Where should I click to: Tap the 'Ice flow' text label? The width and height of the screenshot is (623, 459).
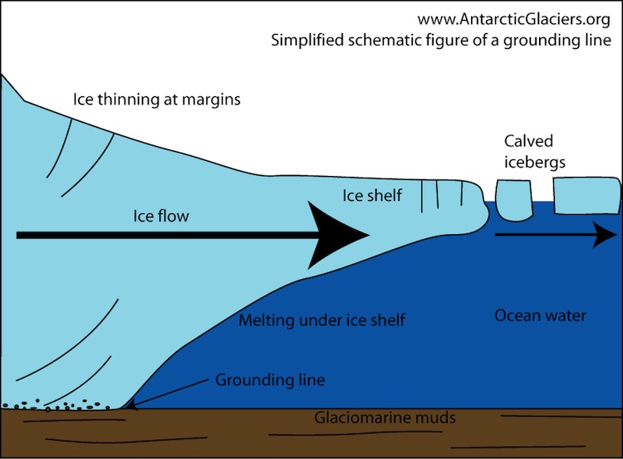[x=161, y=217]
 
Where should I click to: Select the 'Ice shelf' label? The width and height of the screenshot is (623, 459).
[x=372, y=196]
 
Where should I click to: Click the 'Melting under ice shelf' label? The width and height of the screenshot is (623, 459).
[x=321, y=320]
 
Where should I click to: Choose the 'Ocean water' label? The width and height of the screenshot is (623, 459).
[x=540, y=315]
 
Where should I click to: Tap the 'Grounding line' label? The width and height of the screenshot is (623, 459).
[x=270, y=381]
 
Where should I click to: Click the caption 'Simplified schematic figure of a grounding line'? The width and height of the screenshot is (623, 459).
[x=441, y=40]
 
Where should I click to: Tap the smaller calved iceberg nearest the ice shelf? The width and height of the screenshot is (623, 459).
[x=516, y=200]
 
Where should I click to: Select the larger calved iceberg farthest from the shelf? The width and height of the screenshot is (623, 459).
[x=586, y=195]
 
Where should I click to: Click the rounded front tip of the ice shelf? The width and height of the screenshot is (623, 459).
[x=484, y=208]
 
